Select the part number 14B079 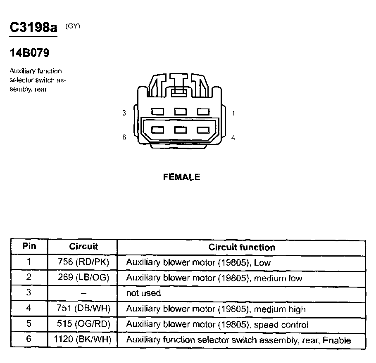pyautogui.click(x=30, y=53)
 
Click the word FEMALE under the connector pyautogui.click(x=181, y=177)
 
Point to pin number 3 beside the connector pyautogui.click(x=124, y=113)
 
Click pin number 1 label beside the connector pyautogui.click(x=233, y=113)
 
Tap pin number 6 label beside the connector pyautogui.click(x=124, y=137)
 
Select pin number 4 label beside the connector pyautogui.click(x=233, y=137)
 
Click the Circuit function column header pyautogui.click(x=242, y=247)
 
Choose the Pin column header pyautogui.click(x=29, y=247)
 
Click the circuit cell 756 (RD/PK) pyautogui.click(x=83, y=262)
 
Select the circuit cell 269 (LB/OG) pyautogui.click(x=83, y=278)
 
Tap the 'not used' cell pyautogui.click(x=143, y=293)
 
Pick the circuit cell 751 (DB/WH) pyautogui.click(x=83, y=309)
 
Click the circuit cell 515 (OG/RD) pyautogui.click(x=83, y=325)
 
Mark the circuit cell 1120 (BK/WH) pyautogui.click(x=83, y=340)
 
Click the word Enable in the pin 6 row pyautogui.click(x=337, y=340)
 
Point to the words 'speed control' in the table pyautogui.click(x=281, y=325)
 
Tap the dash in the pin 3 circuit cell pyautogui.click(x=83, y=293)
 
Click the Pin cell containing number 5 pyautogui.click(x=29, y=325)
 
